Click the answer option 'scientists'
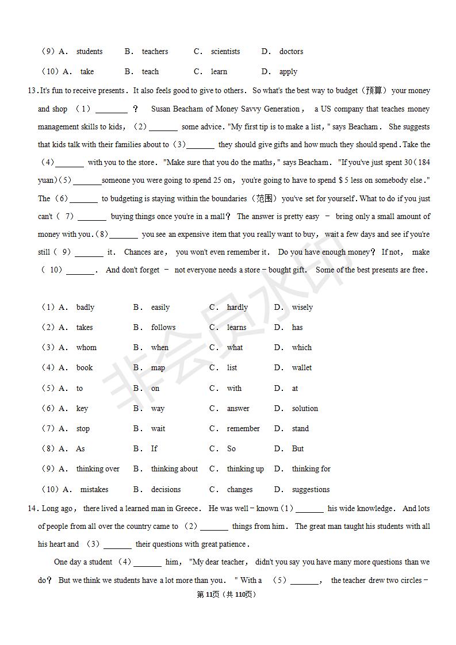225,52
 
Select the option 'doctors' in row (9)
291,52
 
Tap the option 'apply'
288,72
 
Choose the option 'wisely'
302,308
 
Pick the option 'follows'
163,328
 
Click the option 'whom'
86,348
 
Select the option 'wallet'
301,368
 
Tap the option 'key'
82,409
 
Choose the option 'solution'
305,409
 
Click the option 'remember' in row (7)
243,429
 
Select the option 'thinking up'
245,469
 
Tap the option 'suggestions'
311,490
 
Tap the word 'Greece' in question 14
187,509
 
